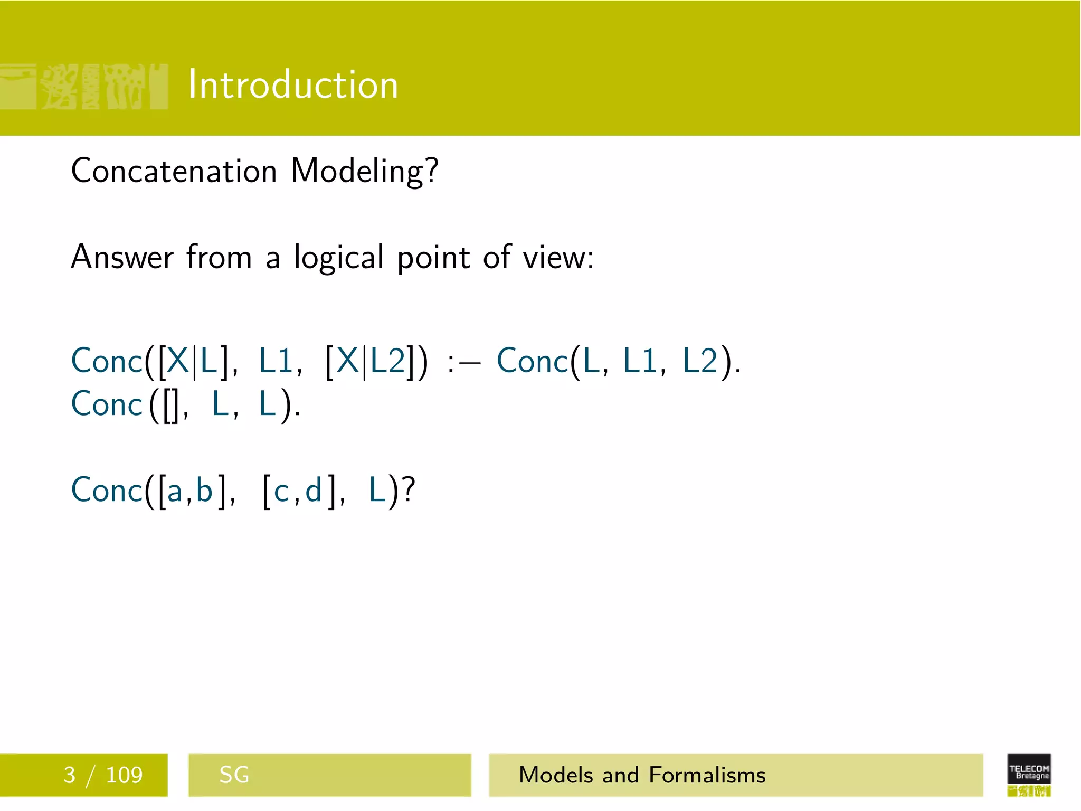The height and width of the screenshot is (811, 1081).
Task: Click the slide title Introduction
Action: (x=293, y=84)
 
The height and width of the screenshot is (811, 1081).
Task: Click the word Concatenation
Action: (x=174, y=171)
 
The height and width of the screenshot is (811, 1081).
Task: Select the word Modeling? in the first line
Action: (x=364, y=172)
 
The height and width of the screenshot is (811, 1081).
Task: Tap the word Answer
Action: (x=122, y=257)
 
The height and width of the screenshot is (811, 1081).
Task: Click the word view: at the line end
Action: (x=558, y=258)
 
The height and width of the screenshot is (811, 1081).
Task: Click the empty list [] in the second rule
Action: (x=170, y=405)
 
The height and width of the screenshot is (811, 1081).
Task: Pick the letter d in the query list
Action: (x=314, y=491)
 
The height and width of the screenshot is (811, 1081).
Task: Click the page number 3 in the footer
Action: (x=69, y=775)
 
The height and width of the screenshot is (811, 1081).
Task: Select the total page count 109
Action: (x=124, y=775)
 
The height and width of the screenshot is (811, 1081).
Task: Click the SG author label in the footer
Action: (x=234, y=775)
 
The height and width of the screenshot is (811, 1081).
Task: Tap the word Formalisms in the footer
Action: (x=707, y=775)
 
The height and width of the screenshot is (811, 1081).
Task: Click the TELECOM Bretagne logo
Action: (x=1029, y=774)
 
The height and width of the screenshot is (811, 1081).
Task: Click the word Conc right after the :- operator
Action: (x=532, y=362)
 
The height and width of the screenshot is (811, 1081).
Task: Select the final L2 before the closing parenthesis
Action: (x=700, y=362)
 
